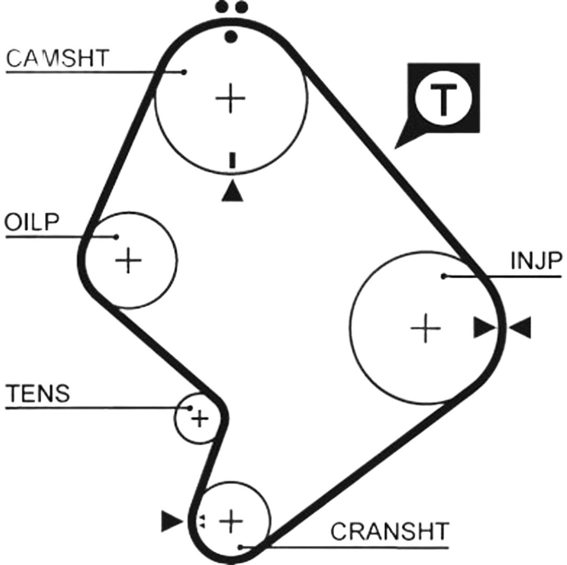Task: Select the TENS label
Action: [x=38, y=393]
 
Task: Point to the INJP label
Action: [x=537, y=261]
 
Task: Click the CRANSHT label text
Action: [x=390, y=531]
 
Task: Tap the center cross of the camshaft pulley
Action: [x=230, y=98]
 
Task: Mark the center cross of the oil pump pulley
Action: [x=128, y=260]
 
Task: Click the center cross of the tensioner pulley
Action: [x=199, y=419]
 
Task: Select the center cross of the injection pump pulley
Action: [x=426, y=328]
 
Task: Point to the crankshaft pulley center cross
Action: [x=231, y=521]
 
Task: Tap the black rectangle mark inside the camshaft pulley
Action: [x=232, y=161]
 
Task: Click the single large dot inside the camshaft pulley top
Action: [x=231, y=36]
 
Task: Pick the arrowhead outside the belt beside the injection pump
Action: [x=520, y=327]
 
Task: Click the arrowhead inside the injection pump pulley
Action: [x=485, y=327]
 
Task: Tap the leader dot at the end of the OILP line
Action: [x=116, y=237]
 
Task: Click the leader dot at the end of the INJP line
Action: [x=443, y=276]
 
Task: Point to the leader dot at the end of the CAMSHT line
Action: [x=184, y=72]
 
